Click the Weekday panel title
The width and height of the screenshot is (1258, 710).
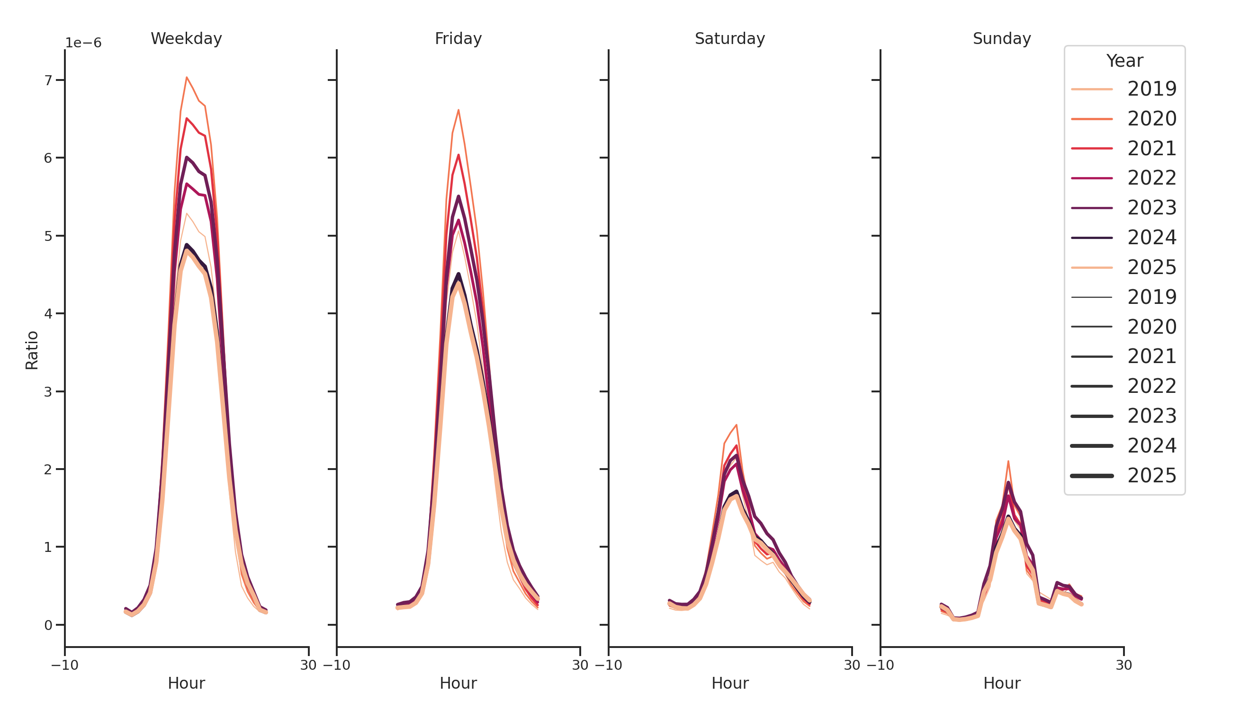click(186, 38)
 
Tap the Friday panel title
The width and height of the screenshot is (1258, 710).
click(458, 38)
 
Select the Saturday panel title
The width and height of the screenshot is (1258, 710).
click(729, 38)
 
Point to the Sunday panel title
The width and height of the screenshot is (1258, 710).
click(1002, 38)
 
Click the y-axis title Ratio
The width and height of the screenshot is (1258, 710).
click(32, 350)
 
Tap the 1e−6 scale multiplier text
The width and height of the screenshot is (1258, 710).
click(83, 43)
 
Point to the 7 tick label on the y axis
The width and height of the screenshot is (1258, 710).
click(48, 80)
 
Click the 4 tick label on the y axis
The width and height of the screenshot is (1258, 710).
click(48, 313)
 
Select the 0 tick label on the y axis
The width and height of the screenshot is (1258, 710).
click(48, 625)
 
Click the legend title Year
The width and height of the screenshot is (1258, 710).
click(1124, 61)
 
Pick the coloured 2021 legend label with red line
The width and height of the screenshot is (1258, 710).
click(1151, 148)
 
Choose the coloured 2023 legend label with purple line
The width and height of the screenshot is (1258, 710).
click(1151, 208)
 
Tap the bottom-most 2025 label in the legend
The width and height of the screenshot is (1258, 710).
click(1151, 476)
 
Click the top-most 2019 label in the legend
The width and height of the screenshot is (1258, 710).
click(1151, 89)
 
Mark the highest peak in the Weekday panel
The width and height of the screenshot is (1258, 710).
click(187, 77)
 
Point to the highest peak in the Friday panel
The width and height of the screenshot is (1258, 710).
click(458, 110)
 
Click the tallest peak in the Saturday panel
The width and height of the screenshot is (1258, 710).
click(736, 425)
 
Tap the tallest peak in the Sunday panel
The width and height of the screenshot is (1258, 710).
click(1008, 461)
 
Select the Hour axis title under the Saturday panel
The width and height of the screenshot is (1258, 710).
click(729, 683)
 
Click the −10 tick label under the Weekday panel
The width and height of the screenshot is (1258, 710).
click(65, 665)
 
